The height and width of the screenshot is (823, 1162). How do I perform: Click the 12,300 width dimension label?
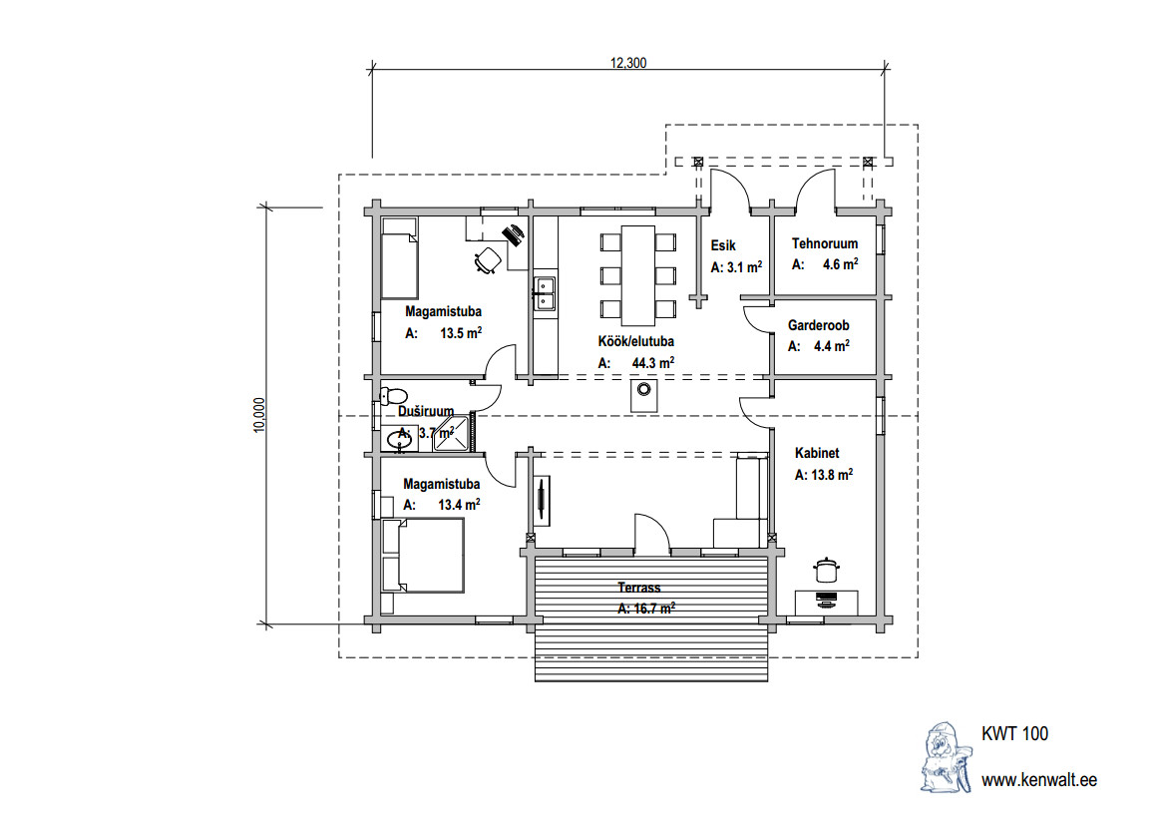(628, 63)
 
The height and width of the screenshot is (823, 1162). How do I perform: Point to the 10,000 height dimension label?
(258, 415)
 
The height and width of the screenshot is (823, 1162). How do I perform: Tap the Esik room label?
(723, 245)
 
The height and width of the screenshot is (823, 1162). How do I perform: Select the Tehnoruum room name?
(825, 243)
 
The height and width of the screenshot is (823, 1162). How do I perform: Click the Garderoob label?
(818, 325)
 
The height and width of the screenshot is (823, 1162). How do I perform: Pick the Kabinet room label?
(817, 452)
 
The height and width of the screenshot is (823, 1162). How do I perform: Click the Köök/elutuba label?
(635, 342)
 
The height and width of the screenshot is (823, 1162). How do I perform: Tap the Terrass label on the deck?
(638, 588)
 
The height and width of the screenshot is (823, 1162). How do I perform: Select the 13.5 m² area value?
(461, 333)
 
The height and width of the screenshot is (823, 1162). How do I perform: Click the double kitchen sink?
(545, 292)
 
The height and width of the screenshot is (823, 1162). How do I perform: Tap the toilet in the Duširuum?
(393, 395)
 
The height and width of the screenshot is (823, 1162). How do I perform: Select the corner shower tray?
(452, 434)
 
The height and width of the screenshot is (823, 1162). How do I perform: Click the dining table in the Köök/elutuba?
(638, 275)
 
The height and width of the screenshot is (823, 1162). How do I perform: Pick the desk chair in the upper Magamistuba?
(488, 261)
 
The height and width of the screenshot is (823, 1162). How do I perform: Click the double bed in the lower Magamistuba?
(423, 555)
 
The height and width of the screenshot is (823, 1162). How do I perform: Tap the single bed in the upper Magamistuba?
(399, 258)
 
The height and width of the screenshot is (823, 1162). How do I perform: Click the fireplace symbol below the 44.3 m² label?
(644, 395)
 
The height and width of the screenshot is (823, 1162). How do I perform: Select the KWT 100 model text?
(1014, 734)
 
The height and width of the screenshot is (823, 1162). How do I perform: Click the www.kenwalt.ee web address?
(1039, 780)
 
